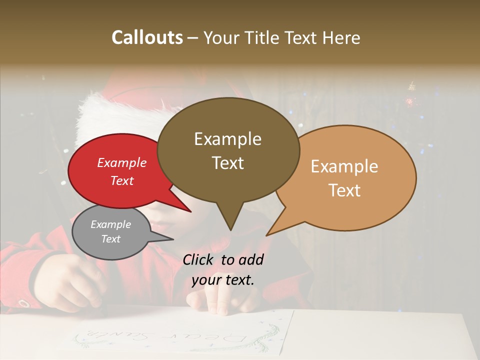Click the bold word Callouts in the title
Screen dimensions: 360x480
(x=147, y=37)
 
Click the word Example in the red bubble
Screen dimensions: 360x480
(x=122, y=163)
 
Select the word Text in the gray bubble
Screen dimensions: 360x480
(x=111, y=239)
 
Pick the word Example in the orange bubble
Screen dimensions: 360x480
(x=344, y=166)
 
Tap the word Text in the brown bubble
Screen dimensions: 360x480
(x=228, y=163)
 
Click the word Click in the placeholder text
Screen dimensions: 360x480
(x=198, y=259)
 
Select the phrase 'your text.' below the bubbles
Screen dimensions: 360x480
(x=223, y=280)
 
